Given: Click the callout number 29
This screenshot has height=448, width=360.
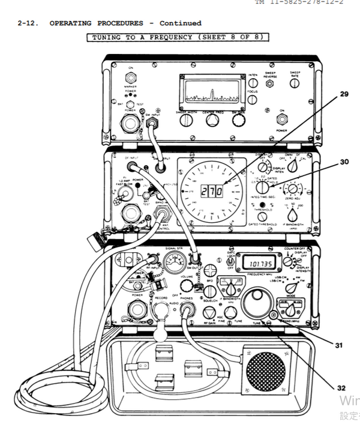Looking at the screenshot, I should pos(344,94).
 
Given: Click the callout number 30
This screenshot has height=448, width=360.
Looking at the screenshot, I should pos(344,162).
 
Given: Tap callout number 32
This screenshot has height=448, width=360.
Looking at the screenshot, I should pos(341,388).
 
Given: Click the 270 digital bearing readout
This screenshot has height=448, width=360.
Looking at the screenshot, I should pos(212,191).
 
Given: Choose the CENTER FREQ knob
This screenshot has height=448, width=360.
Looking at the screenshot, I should pos(212,121).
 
